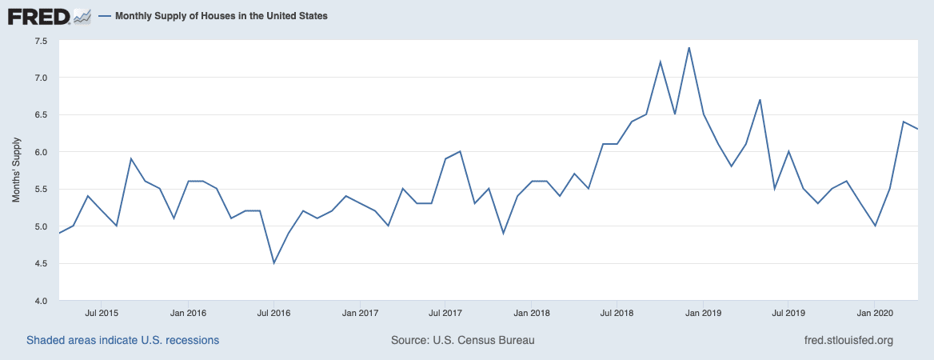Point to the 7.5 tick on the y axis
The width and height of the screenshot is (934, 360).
[x=41, y=41]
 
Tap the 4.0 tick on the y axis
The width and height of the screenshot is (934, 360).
[x=41, y=301]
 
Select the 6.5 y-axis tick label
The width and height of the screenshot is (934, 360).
[x=41, y=115]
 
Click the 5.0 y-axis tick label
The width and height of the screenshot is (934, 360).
[x=41, y=226]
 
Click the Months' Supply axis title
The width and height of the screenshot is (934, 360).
[x=16, y=170]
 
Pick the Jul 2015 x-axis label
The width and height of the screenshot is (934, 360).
[x=102, y=313]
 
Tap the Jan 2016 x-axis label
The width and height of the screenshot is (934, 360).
[x=189, y=313]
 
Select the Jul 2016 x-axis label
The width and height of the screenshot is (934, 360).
[x=274, y=313]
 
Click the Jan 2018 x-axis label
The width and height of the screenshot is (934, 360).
[x=532, y=313]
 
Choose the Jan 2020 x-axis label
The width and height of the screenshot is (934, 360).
[x=875, y=313]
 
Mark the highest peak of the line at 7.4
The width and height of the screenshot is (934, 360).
[x=689, y=47]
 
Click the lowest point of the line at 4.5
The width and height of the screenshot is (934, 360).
[x=274, y=263]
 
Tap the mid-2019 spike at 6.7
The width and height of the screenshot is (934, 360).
[x=760, y=100]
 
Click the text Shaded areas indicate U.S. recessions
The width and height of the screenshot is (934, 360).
[x=122, y=340]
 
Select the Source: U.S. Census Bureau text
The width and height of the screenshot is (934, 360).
[x=462, y=340]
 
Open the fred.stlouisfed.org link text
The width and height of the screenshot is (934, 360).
[x=848, y=340]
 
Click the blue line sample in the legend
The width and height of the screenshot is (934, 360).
[x=106, y=16]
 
